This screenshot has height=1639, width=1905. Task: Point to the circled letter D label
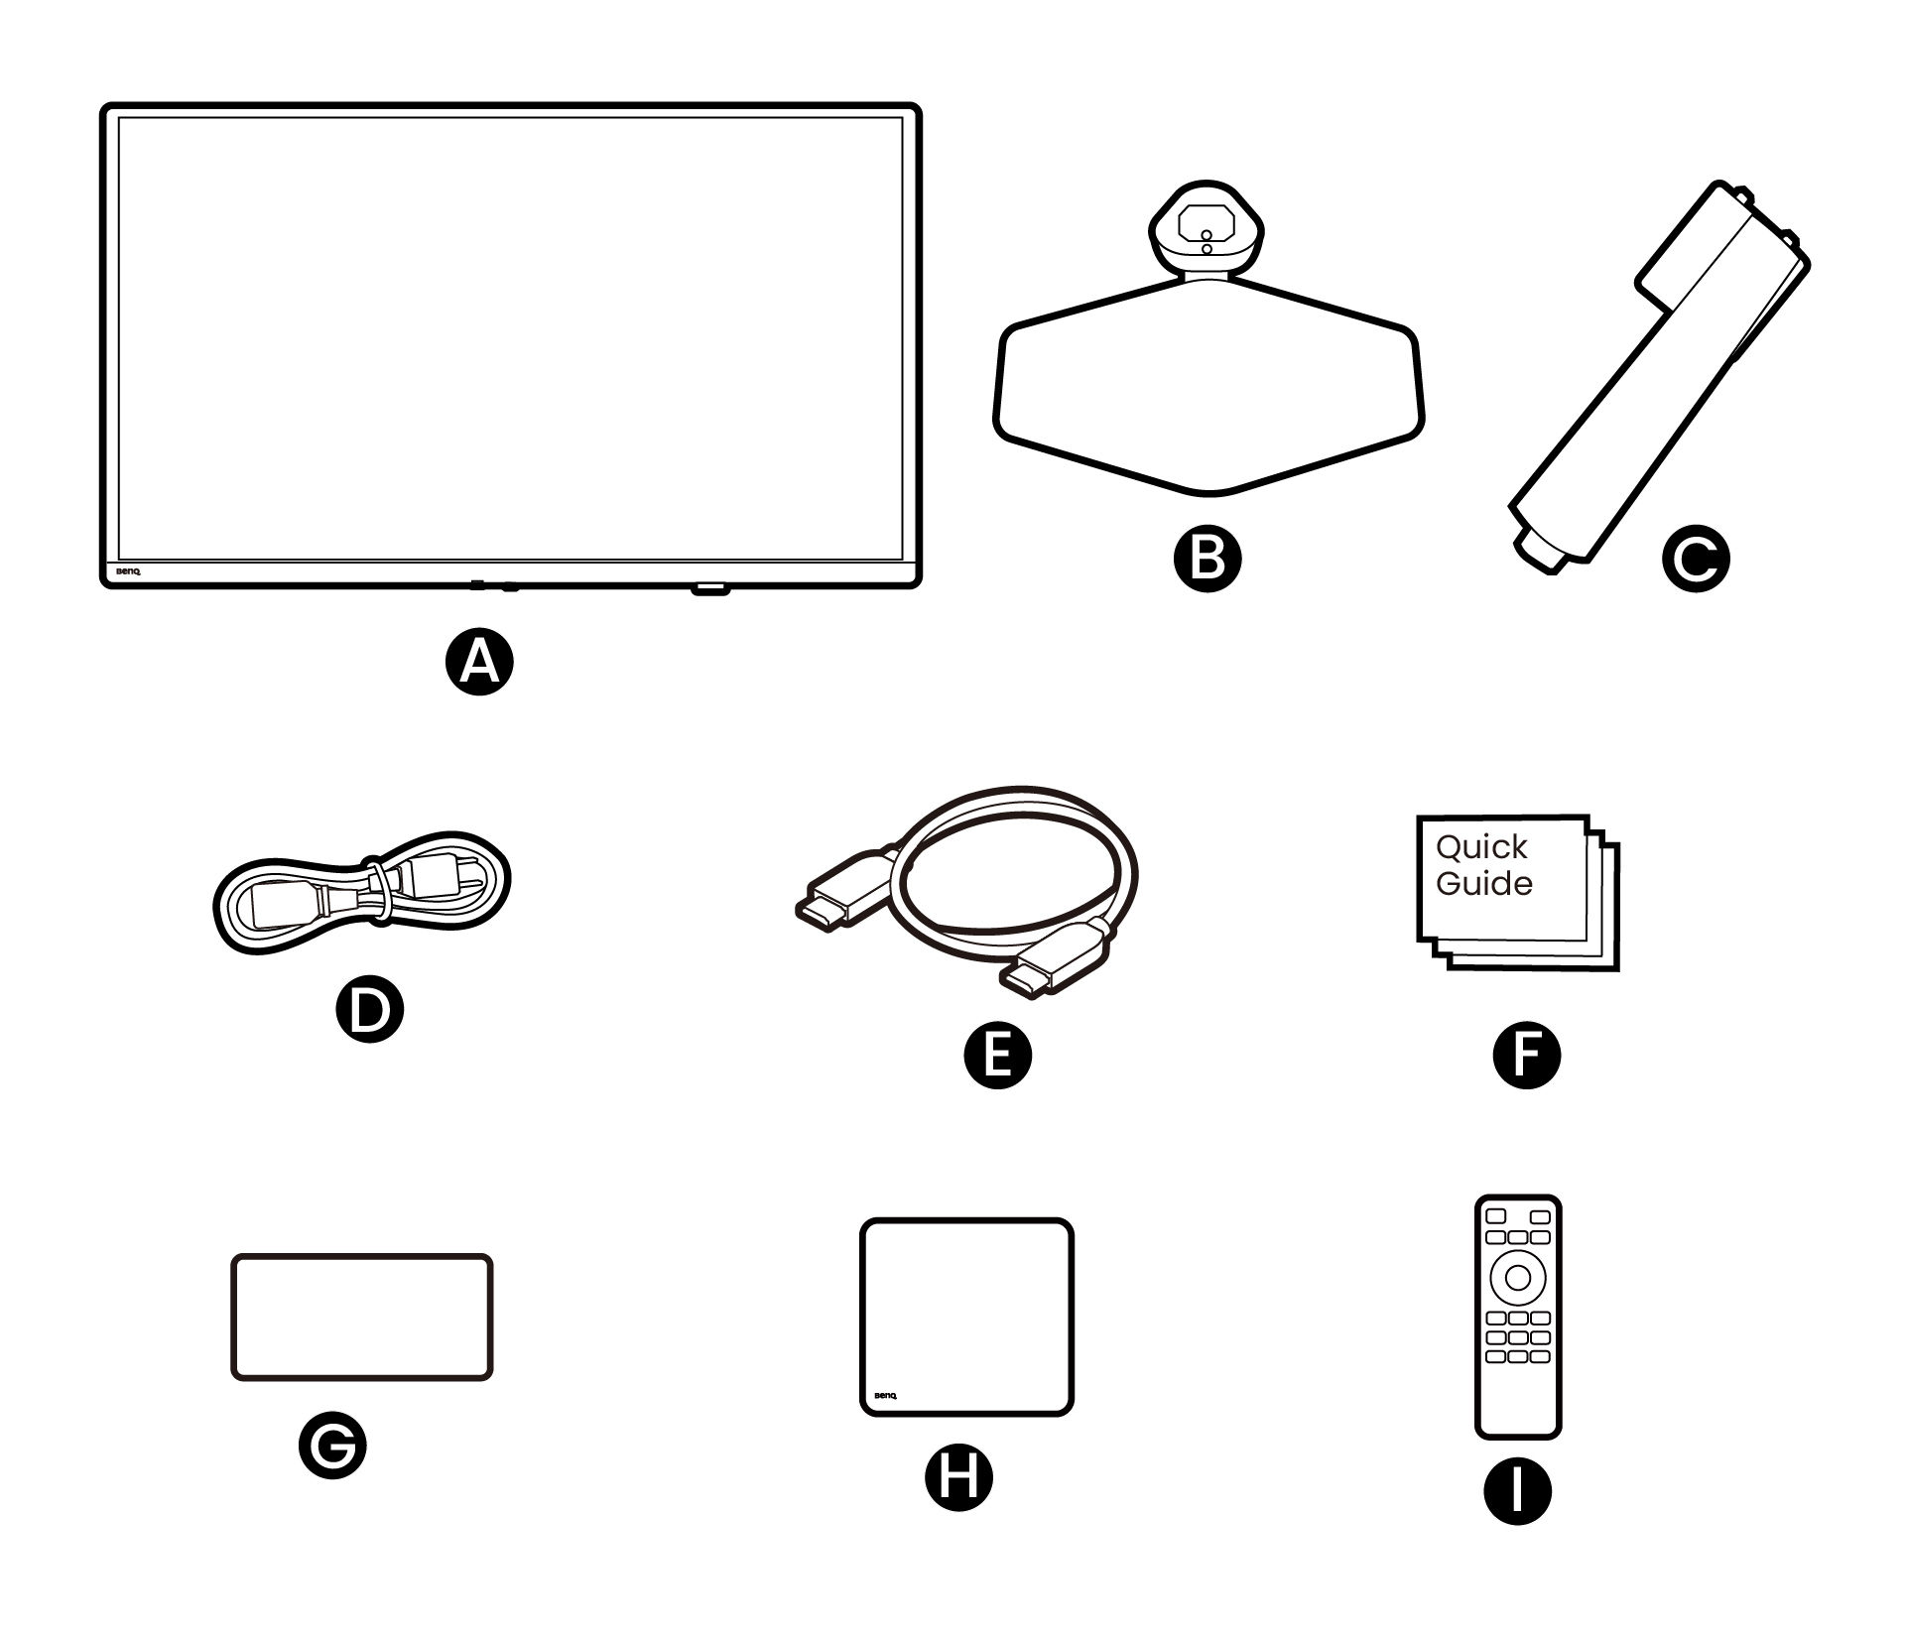click(x=368, y=1008)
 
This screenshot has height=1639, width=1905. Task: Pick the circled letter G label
click(x=332, y=1447)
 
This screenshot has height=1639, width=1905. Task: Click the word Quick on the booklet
click(x=1481, y=847)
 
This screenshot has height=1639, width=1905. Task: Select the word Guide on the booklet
click(x=1483, y=883)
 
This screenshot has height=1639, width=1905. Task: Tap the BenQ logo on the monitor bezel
click(x=128, y=572)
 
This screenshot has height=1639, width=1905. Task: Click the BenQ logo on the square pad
click(x=884, y=1396)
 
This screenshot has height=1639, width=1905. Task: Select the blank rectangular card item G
click(x=361, y=1317)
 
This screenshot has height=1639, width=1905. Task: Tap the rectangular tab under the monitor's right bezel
click(x=709, y=588)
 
